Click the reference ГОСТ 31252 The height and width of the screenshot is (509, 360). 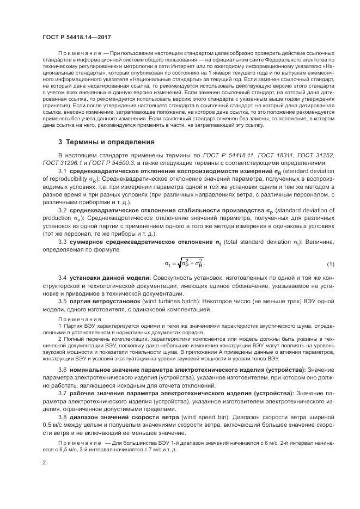tap(309, 156)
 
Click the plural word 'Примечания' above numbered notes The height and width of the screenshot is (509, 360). tap(80, 320)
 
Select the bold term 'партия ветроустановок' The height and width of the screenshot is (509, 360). tap(103, 301)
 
